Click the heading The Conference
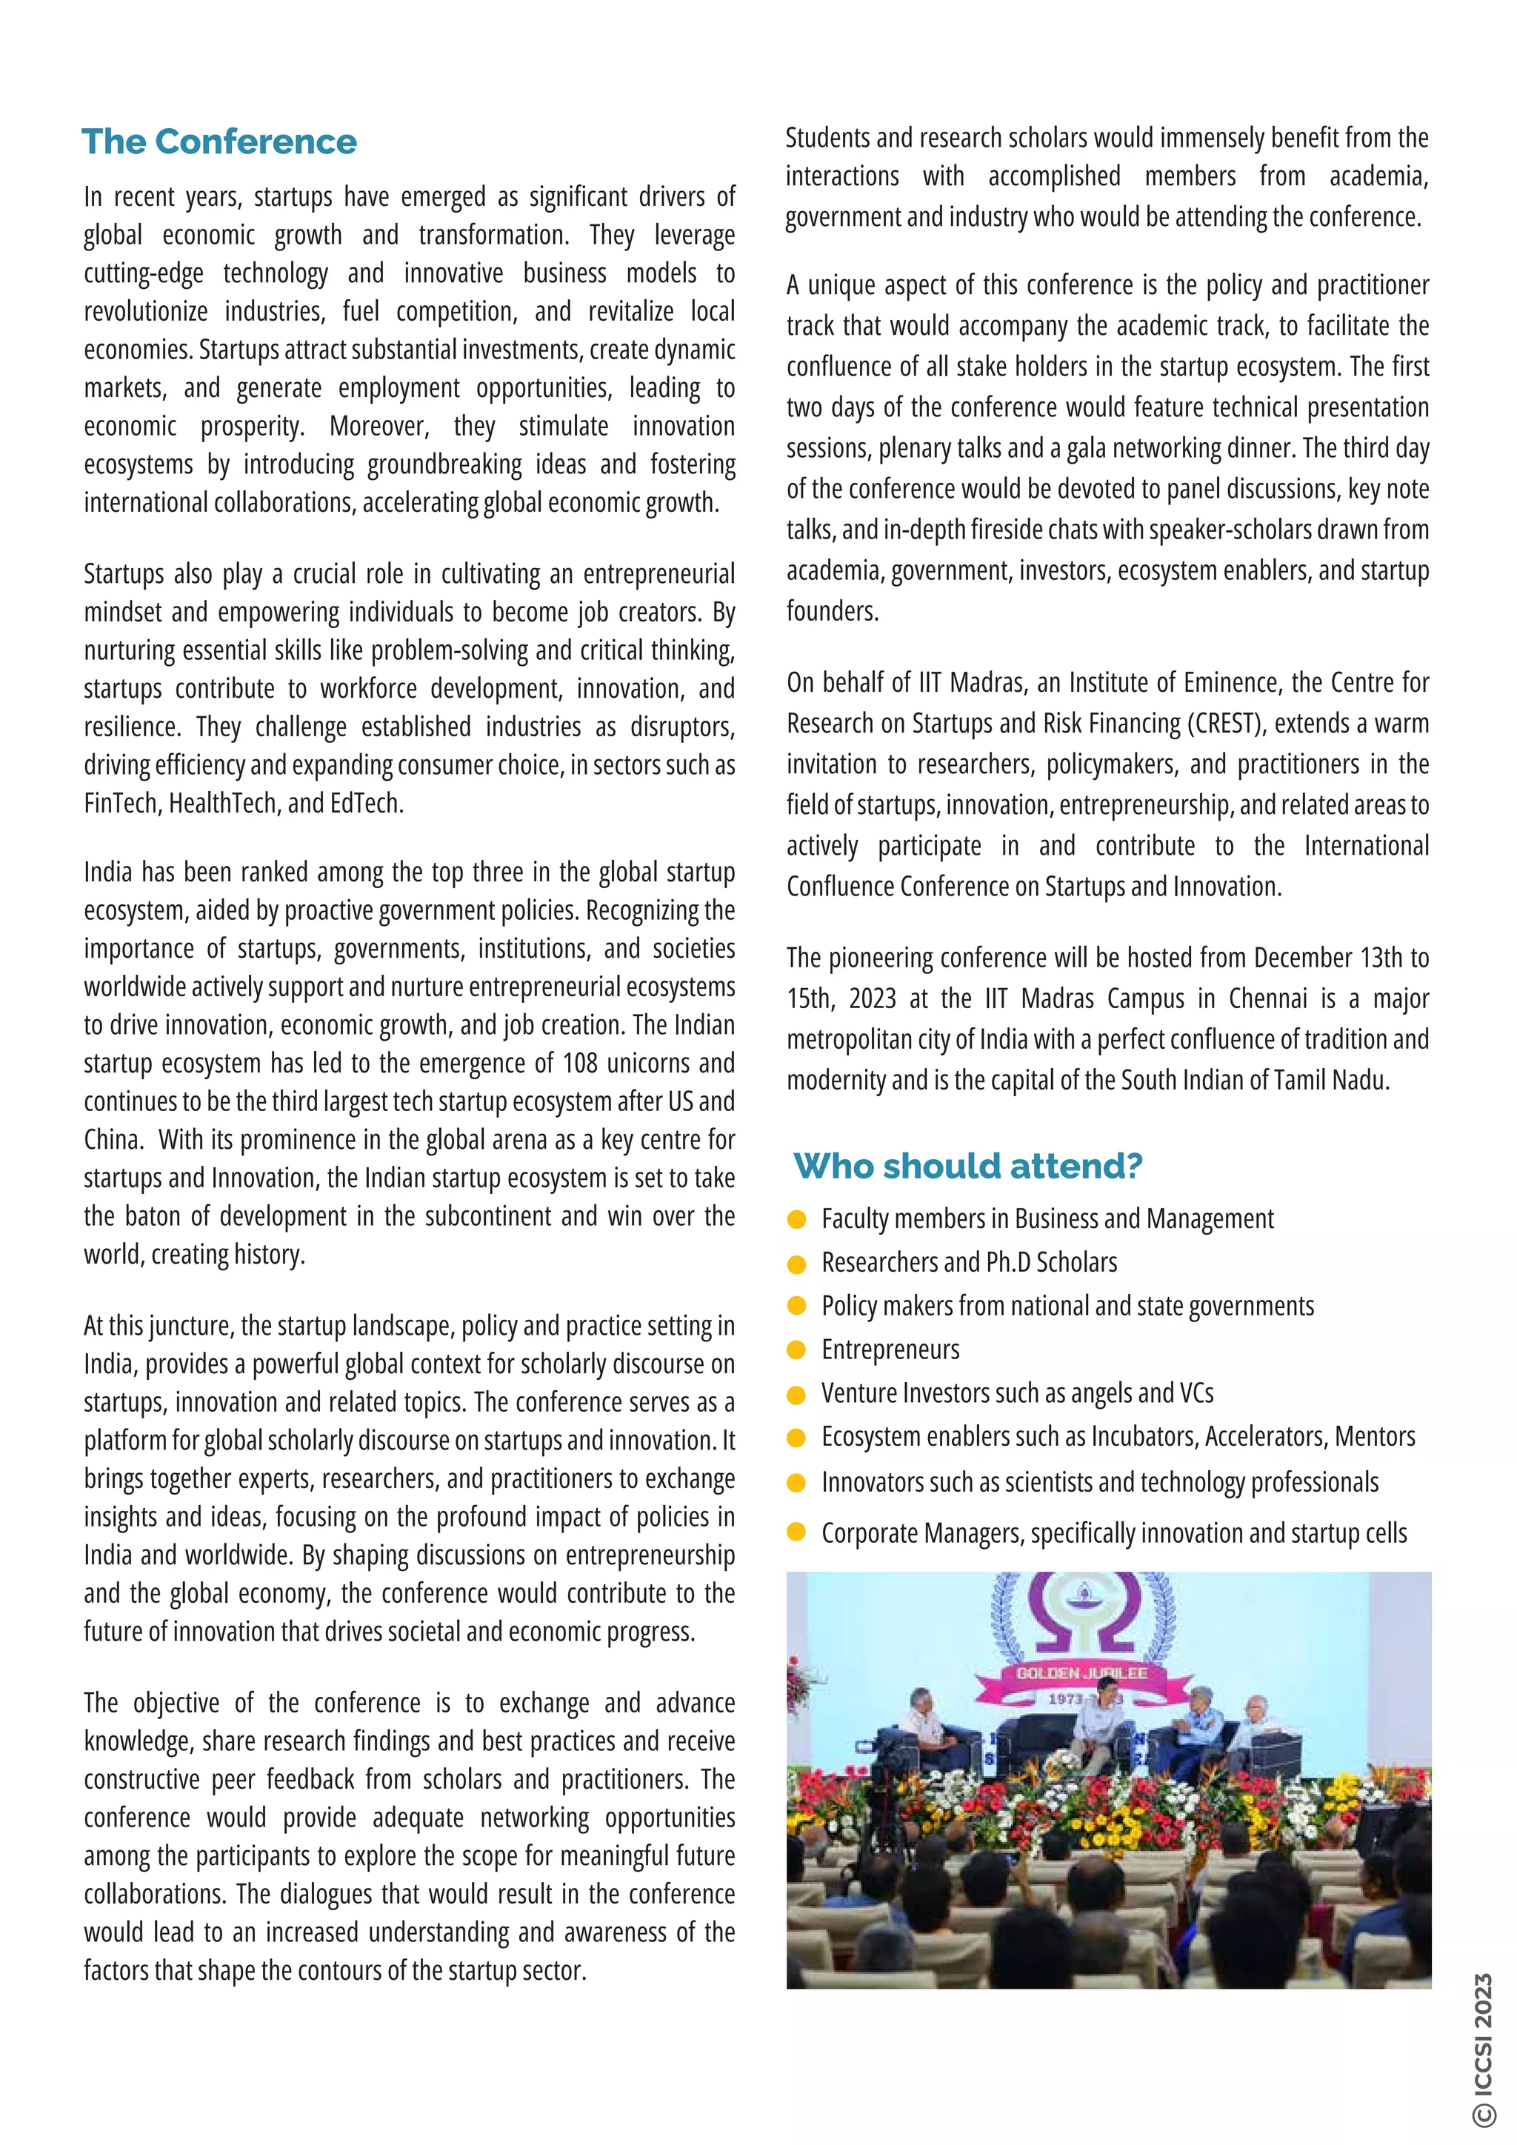[x=219, y=142]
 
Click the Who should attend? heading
[x=967, y=1166]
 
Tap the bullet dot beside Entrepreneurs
[x=797, y=1350]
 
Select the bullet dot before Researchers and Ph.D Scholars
[x=797, y=1264]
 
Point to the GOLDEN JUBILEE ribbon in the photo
[x=1081, y=1673]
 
